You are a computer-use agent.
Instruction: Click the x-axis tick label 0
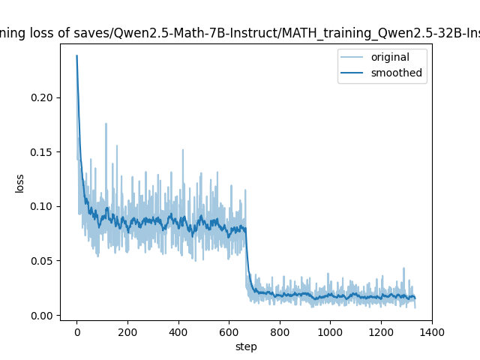(76, 331)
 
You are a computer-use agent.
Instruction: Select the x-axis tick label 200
(127, 331)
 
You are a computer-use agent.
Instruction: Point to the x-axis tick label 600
(229, 331)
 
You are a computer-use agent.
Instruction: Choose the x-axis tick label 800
(280, 331)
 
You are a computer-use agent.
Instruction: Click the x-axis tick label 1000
(330, 331)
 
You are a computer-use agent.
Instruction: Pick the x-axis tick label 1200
(381, 331)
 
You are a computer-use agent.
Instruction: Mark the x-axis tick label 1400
(432, 331)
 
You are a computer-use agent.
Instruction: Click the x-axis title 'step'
(246, 346)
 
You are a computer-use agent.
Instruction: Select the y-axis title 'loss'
(20, 183)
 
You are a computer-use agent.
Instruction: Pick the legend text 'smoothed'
(396, 73)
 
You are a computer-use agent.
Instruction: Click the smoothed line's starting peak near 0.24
(76, 55)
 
